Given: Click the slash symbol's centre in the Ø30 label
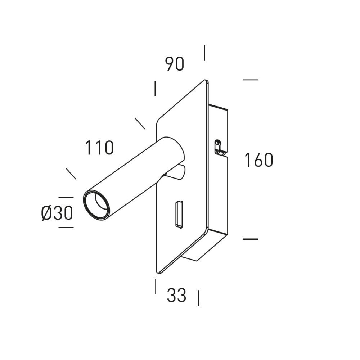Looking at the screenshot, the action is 46,213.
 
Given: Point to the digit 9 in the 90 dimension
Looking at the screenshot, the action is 170,64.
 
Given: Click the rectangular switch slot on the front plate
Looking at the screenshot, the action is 179,215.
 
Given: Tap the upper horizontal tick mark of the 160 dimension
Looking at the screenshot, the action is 250,80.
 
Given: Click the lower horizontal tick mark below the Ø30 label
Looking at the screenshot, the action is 66,227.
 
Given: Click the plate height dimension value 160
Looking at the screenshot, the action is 259,160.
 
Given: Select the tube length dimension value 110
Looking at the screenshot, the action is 99,148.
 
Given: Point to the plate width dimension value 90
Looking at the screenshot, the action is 175,64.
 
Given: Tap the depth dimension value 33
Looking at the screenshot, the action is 176,295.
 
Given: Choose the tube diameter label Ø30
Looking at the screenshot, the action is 57,213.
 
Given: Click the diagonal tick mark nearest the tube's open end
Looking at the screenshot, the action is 71,174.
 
